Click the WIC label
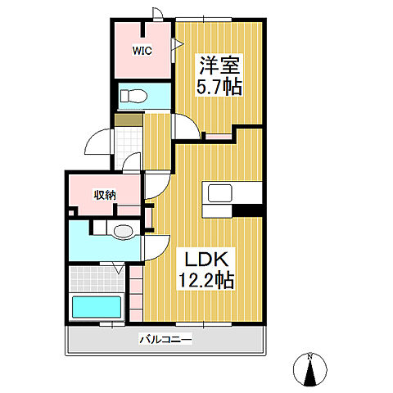coord(142,51)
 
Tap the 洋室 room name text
coord(219,65)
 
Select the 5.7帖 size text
coord(219,86)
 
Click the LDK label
coord(206,260)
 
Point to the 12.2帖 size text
coord(206,280)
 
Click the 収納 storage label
coord(105,195)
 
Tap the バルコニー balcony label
coord(166,340)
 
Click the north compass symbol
coord(310,370)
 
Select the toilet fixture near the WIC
coord(133,96)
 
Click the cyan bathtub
coord(97,307)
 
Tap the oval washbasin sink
coord(124,232)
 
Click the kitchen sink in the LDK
coord(220,193)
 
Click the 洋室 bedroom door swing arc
coord(186,126)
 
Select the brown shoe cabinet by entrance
coord(129,120)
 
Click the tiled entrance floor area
coord(129,148)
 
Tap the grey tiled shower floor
coord(97,279)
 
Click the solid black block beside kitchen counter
coord(247,210)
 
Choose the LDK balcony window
coord(204,324)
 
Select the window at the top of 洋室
coord(204,20)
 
